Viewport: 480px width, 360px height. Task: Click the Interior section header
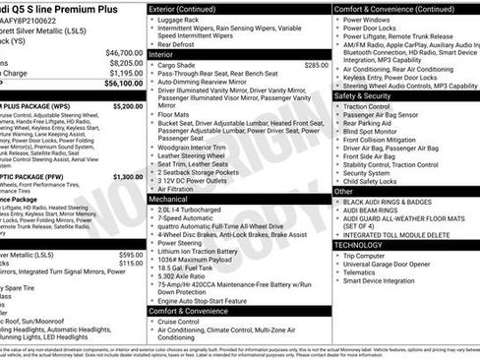coord(168,55)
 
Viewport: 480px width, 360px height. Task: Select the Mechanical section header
coord(176,198)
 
